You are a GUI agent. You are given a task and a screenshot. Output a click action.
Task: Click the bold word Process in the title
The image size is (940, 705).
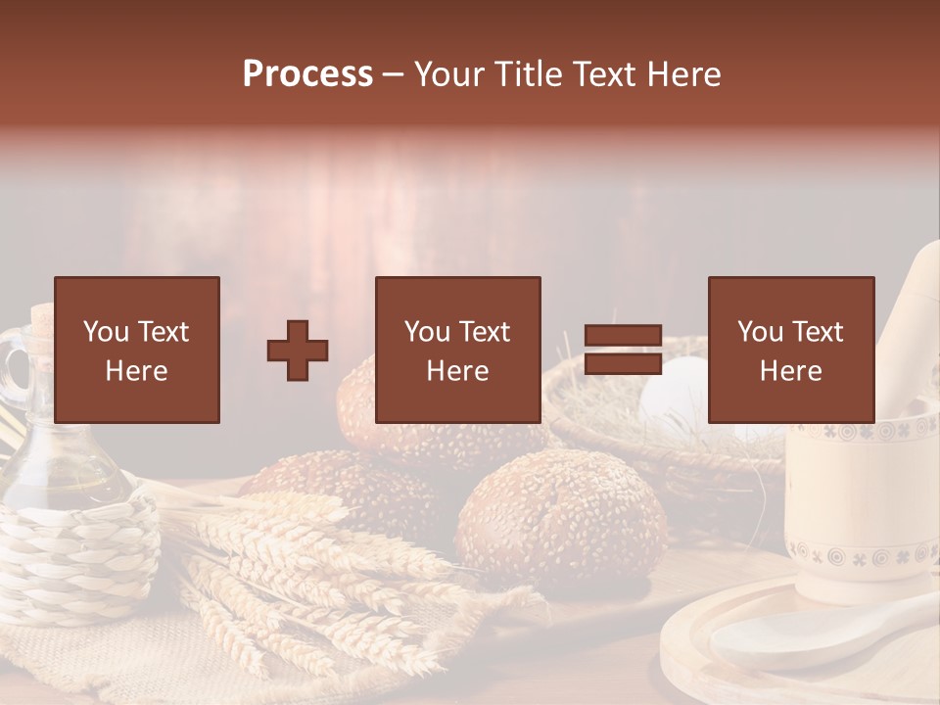click(x=307, y=74)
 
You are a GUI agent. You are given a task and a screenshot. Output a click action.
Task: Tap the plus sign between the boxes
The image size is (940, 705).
click(x=298, y=350)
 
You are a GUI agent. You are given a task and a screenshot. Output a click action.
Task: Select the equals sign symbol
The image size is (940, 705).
click(x=623, y=350)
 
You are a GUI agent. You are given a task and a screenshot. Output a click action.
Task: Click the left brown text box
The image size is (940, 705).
click(x=137, y=350)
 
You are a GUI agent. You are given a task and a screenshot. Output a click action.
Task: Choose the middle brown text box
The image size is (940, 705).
click(x=457, y=350)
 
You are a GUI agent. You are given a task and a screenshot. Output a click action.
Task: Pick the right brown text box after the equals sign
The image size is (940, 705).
click(x=790, y=350)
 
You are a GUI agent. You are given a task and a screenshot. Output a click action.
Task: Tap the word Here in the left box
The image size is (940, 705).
click(x=136, y=371)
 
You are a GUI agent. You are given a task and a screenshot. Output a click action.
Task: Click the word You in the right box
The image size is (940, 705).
click(x=759, y=332)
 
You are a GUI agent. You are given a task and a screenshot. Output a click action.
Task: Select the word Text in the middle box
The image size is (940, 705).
click(x=484, y=332)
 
